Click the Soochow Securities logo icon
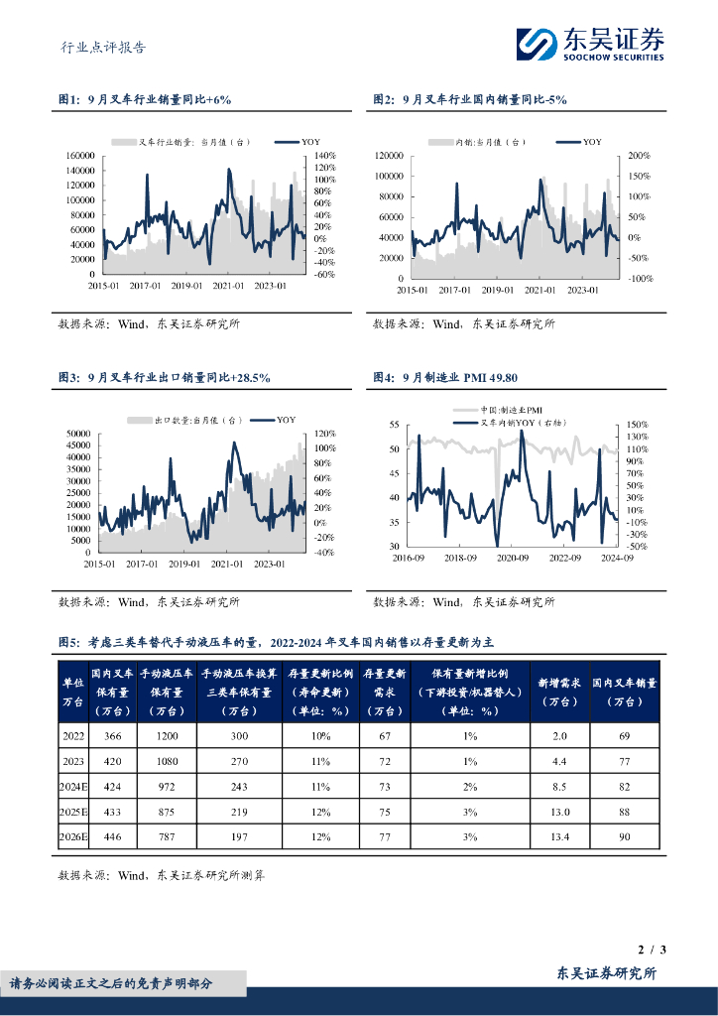538,44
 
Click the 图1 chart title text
145,100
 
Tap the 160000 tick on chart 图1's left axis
79,156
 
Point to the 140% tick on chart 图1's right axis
325,156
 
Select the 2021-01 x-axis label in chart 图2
539,291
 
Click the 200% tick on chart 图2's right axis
639,156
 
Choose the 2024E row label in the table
74,784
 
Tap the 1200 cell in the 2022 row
165,735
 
